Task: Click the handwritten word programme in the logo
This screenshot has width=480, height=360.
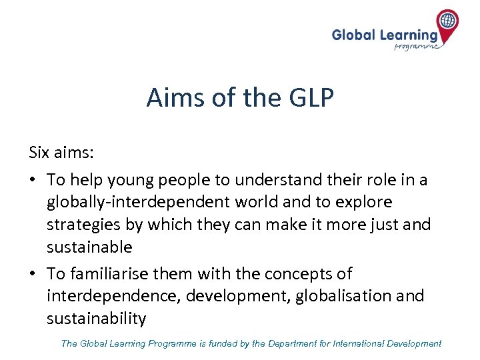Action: click(417, 46)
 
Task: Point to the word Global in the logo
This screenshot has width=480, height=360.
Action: click(354, 34)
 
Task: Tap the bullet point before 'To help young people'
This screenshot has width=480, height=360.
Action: click(33, 180)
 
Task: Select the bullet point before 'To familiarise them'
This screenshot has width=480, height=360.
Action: click(33, 273)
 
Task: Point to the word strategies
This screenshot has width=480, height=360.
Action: click(84, 225)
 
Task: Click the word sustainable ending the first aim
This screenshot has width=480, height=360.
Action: click(89, 247)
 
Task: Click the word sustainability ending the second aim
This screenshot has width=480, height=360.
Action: click(96, 319)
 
